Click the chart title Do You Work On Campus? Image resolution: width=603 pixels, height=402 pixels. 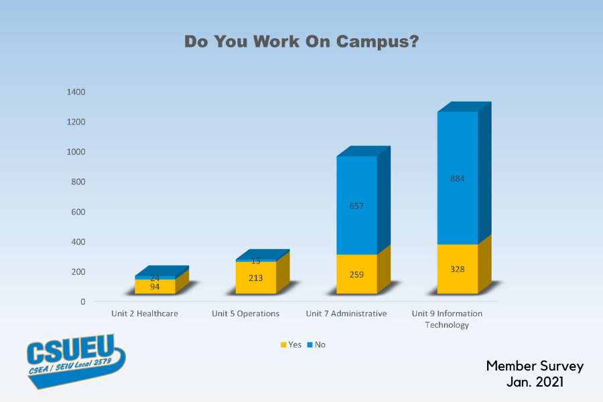301,42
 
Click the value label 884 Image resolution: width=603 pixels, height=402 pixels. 458,179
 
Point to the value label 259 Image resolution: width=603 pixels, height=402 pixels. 356,274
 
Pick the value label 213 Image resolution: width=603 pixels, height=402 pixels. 255,278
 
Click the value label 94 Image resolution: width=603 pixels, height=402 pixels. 155,287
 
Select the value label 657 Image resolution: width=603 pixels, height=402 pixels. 356,206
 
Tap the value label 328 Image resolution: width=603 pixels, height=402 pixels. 458,269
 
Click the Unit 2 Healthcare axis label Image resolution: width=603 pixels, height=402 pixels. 145,313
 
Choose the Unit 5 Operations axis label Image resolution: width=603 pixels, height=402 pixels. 245,313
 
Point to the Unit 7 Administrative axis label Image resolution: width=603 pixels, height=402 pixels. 346,313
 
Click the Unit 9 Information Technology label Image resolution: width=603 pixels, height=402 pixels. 447,319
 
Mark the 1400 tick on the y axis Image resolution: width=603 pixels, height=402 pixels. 76,92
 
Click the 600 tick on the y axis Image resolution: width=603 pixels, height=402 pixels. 78,212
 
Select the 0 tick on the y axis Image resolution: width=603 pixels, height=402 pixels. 83,301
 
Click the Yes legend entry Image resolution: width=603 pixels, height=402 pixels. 291,344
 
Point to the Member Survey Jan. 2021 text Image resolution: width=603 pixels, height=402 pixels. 535,374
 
